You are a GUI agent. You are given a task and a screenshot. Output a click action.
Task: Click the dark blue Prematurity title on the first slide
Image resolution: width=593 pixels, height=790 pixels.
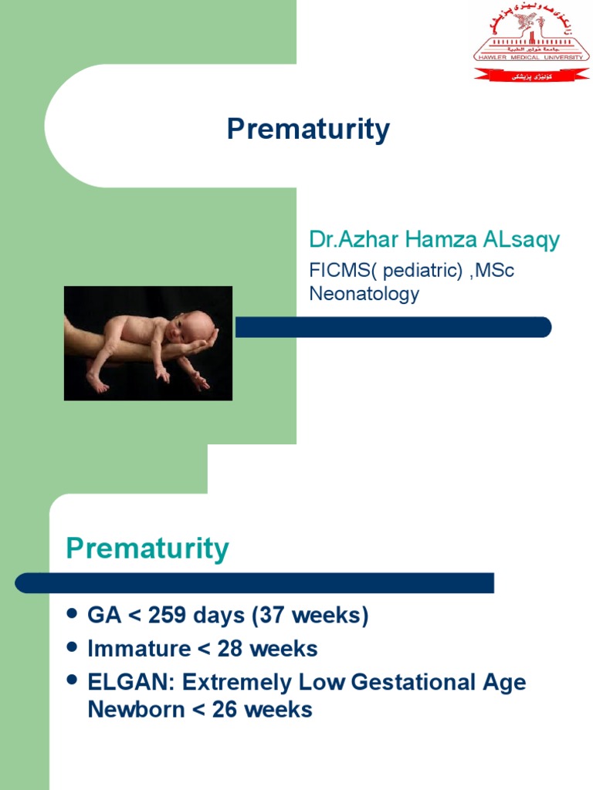pyautogui.click(x=308, y=129)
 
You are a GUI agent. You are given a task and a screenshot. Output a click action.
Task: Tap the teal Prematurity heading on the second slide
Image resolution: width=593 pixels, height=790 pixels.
pyautogui.click(x=147, y=549)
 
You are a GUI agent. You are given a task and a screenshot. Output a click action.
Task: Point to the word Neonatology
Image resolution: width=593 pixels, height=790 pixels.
pyautogui.click(x=364, y=293)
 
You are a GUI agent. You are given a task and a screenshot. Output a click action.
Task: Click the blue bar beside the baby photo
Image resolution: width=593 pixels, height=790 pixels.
pyautogui.click(x=393, y=327)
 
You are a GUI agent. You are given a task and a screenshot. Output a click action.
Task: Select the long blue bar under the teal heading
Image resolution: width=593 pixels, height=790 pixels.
pyautogui.click(x=255, y=582)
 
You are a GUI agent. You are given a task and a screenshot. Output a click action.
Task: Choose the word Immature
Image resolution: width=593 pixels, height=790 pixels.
pyautogui.click(x=139, y=649)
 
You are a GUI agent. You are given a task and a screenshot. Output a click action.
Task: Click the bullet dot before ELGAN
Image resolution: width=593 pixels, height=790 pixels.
pyautogui.click(x=73, y=680)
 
